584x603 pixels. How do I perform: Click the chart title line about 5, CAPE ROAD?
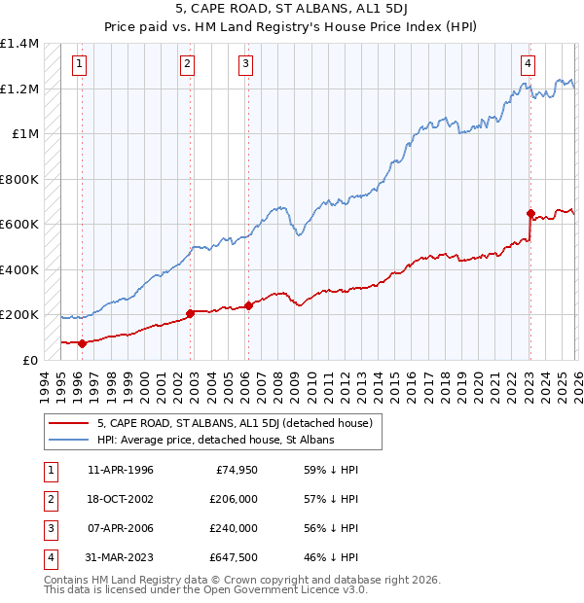(291, 9)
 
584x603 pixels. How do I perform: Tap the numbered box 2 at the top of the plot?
(187, 65)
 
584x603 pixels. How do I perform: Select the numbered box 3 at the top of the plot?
(245, 65)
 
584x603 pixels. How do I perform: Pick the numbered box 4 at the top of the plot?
(528, 65)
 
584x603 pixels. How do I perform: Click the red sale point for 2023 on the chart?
(530, 213)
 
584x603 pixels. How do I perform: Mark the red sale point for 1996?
(82, 343)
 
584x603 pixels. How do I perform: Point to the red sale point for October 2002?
(191, 313)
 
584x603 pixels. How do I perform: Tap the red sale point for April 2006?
(248, 305)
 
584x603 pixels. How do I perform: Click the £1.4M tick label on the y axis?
(19, 45)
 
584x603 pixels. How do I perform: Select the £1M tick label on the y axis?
(25, 134)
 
